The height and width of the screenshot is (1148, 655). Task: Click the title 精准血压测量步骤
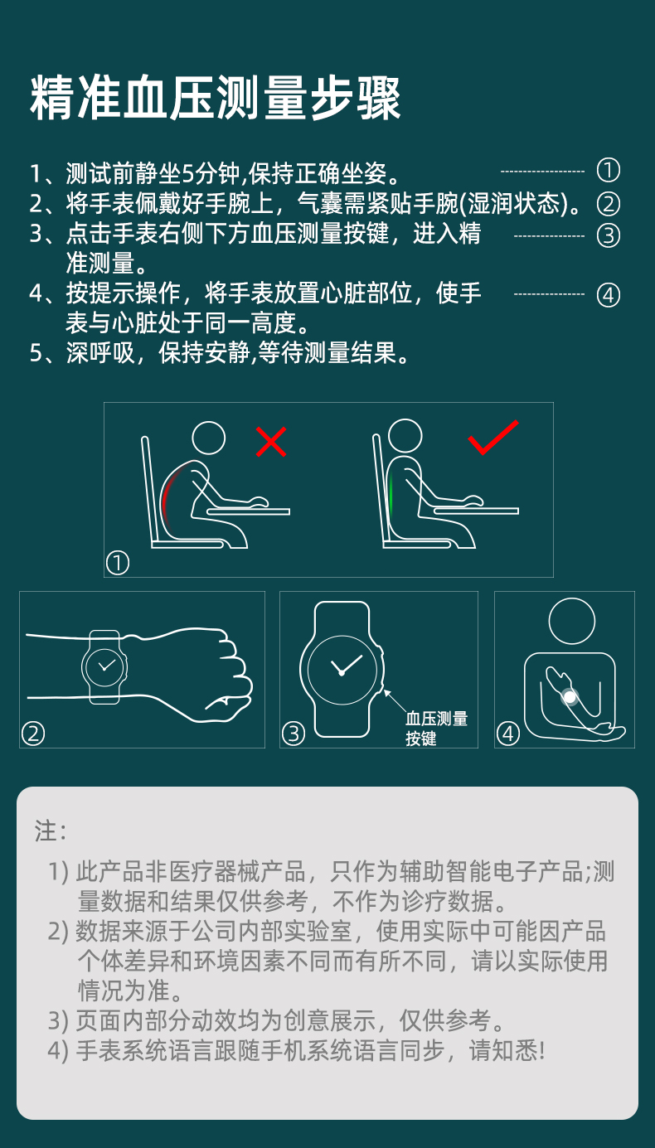click(x=216, y=98)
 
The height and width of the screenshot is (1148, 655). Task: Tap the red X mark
click(x=271, y=442)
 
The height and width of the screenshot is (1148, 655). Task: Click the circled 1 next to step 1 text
click(x=609, y=171)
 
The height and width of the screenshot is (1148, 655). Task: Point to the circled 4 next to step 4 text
click(x=609, y=295)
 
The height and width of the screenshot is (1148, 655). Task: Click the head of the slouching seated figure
click(x=208, y=438)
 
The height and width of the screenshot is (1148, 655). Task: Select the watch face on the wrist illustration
click(x=105, y=666)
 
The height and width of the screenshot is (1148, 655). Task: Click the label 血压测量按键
click(x=436, y=728)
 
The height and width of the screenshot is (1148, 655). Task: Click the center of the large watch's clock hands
click(x=341, y=672)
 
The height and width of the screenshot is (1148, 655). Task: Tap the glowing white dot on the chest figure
click(x=570, y=697)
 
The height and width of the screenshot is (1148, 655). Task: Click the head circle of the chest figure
click(x=572, y=621)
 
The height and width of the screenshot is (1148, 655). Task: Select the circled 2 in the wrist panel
click(x=33, y=734)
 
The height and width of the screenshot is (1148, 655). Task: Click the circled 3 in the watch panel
click(x=294, y=734)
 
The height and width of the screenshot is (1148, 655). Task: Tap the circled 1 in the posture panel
click(x=118, y=564)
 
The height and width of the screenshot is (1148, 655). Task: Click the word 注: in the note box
click(x=51, y=831)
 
